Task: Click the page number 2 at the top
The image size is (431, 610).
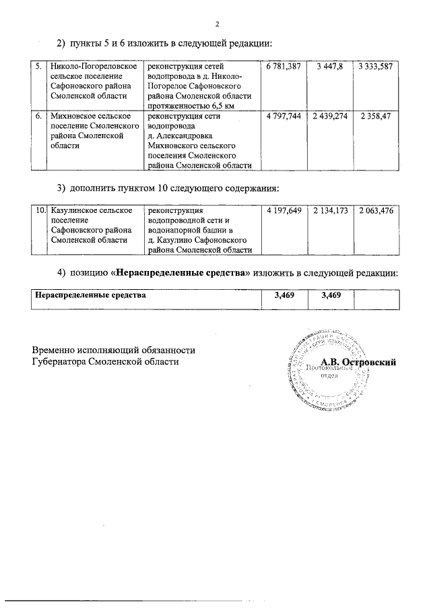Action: point(218,25)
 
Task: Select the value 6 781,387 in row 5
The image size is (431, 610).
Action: point(283,66)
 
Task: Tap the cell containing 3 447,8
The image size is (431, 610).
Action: point(329,66)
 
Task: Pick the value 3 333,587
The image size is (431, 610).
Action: point(375,66)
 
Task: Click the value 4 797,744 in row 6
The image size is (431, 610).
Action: point(283,117)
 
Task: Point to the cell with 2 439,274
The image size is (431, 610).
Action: point(329,117)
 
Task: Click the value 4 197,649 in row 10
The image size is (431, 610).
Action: point(283,211)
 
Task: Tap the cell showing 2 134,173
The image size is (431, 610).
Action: point(329,211)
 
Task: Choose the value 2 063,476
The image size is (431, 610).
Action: point(375,211)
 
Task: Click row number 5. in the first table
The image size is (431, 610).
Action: point(39,66)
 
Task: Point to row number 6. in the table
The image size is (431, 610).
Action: point(39,117)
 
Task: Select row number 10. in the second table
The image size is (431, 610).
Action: point(40,211)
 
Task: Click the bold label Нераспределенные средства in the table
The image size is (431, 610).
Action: point(90,295)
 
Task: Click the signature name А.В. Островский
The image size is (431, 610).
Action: point(358,362)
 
